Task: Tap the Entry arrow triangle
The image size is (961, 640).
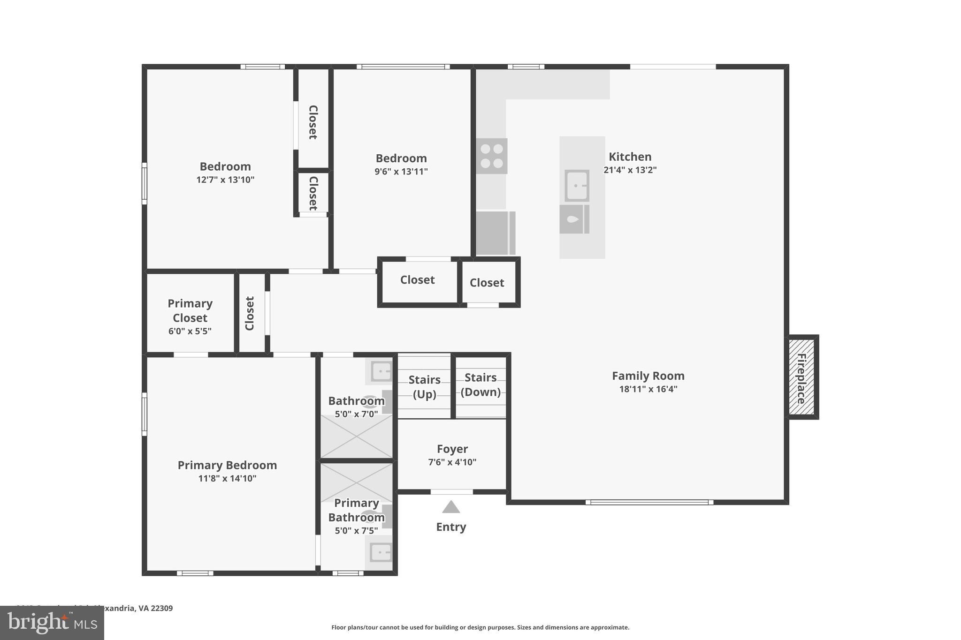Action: [451, 507]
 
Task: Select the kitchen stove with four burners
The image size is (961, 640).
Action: [492, 156]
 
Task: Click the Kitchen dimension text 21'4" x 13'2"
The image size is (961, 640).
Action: [630, 170]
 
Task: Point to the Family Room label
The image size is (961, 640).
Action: [648, 376]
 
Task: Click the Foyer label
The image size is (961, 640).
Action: [452, 449]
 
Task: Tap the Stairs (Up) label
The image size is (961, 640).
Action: [424, 387]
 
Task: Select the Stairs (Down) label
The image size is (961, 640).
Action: [480, 384]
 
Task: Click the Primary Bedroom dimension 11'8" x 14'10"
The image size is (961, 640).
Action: [227, 478]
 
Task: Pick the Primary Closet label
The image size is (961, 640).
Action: [190, 310]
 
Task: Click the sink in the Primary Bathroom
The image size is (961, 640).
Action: [381, 552]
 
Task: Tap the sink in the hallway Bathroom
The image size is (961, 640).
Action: [381, 371]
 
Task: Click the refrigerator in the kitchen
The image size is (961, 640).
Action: [495, 233]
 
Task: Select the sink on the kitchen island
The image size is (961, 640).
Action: [577, 186]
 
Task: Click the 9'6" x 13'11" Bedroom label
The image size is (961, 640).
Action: [401, 158]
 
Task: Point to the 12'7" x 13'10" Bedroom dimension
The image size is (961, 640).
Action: [225, 180]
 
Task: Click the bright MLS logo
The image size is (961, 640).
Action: [52, 623]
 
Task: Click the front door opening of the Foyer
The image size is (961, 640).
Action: [452, 492]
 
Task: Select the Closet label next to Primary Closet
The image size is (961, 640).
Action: [250, 313]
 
